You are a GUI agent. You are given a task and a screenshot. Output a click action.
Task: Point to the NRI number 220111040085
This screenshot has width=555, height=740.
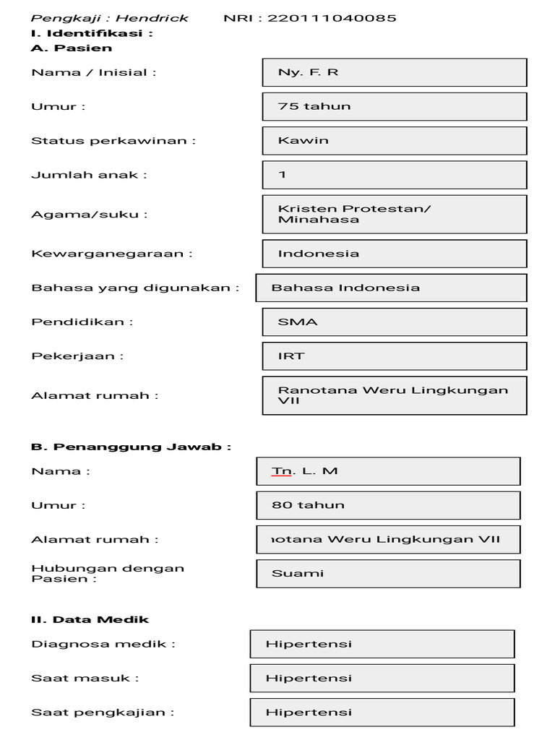[x=332, y=18]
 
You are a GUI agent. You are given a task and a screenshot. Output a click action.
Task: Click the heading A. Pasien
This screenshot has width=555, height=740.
[x=72, y=48]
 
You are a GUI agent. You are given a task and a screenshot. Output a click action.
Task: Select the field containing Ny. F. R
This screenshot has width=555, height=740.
[x=395, y=72]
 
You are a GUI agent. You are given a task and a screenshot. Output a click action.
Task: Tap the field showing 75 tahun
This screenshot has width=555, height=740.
[x=395, y=106]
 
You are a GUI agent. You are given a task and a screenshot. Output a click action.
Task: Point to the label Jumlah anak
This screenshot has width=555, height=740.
[x=89, y=174]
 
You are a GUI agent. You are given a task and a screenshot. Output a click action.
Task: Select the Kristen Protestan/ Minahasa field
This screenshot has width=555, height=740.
[x=395, y=214]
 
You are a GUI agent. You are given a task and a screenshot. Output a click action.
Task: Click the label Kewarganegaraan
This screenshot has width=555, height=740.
[x=112, y=253]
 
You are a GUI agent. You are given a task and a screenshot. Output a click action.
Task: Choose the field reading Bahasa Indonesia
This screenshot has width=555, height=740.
[x=391, y=288]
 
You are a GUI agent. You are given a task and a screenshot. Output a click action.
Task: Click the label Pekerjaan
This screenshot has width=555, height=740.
[x=77, y=356]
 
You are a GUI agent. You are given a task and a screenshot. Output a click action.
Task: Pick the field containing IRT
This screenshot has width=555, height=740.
[x=395, y=356]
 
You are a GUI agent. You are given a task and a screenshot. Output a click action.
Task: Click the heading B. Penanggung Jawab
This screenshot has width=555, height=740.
[x=131, y=447]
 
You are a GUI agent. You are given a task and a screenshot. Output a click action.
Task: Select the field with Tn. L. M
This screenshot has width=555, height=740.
[x=388, y=471]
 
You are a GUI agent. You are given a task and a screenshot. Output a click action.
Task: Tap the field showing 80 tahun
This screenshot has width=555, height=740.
[x=388, y=505]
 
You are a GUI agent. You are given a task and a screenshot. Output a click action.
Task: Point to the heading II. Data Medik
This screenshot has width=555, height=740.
[x=90, y=619]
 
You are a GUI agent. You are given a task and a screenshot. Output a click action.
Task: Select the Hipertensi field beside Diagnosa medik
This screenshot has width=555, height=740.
[x=382, y=644]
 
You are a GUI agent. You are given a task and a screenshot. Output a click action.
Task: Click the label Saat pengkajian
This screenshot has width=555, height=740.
[x=103, y=712]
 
